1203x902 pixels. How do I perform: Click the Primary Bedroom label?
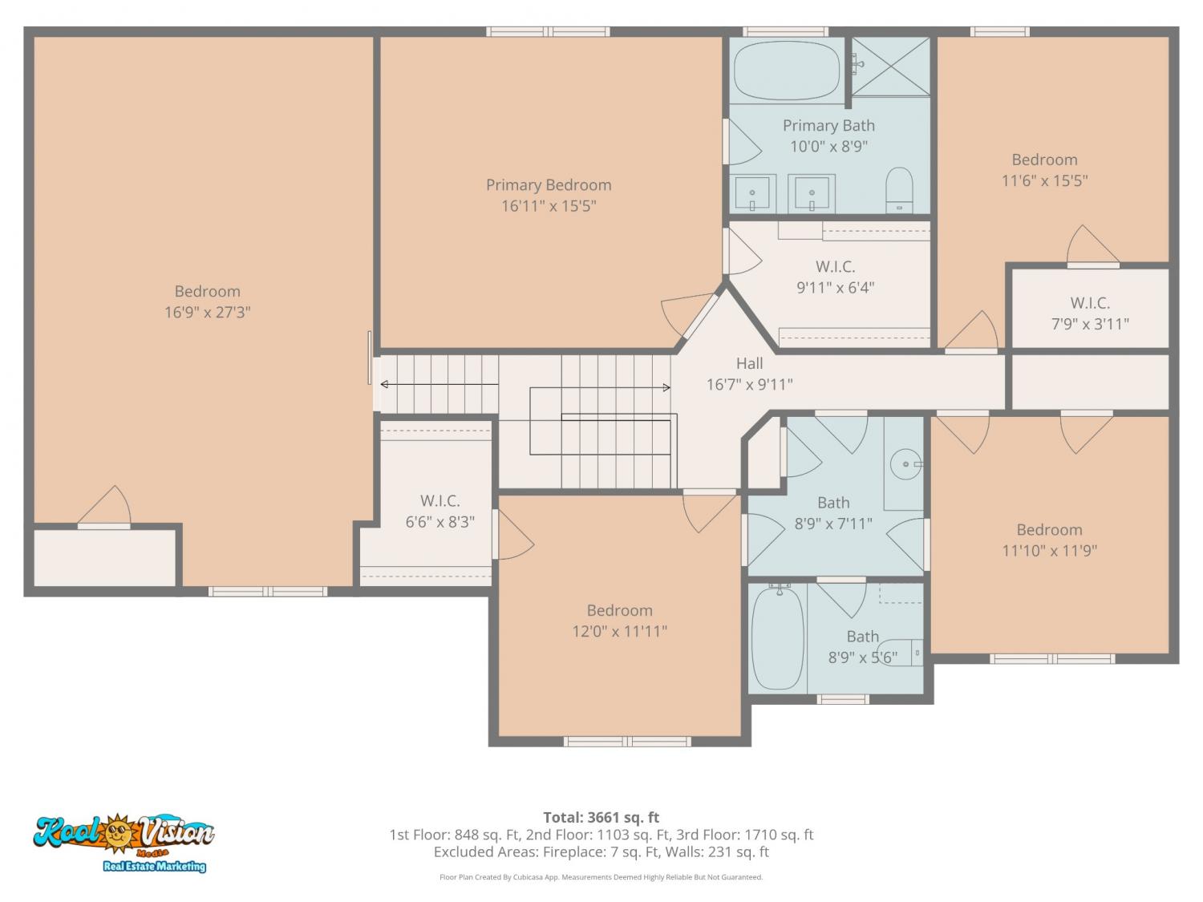click(x=549, y=185)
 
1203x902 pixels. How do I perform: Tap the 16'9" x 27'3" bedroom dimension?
click(x=207, y=312)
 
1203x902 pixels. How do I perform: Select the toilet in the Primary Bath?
click(x=899, y=190)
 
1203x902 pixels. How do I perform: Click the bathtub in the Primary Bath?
click(x=787, y=71)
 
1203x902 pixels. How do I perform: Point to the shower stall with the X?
click(x=890, y=67)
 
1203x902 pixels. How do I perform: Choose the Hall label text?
click(x=749, y=364)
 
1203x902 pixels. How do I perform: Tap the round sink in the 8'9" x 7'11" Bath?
click(x=906, y=464)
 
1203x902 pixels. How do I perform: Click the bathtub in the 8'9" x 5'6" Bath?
click(x=777, y=638)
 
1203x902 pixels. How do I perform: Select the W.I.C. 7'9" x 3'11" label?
click(x=1090, y=313)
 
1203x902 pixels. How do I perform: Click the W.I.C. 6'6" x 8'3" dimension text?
click(x=440, y=522)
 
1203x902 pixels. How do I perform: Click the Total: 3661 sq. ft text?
click(x=601, y=817)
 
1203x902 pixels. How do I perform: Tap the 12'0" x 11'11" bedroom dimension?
click(x=620, y=632)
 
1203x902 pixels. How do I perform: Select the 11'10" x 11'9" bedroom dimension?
click(x=1050, y=550)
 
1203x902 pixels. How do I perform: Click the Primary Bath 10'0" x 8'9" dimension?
click(x=828, y=147)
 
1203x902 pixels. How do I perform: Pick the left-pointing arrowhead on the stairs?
click(x=384, y=385)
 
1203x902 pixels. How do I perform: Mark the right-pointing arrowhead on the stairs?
click(x=666, y=388)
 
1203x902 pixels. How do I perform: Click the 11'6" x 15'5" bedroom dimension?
click(x=1045, y=180)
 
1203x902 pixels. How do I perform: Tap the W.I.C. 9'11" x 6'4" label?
click(x=835, y=277)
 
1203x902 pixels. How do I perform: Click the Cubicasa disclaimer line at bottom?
click(x=601, y=877)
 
